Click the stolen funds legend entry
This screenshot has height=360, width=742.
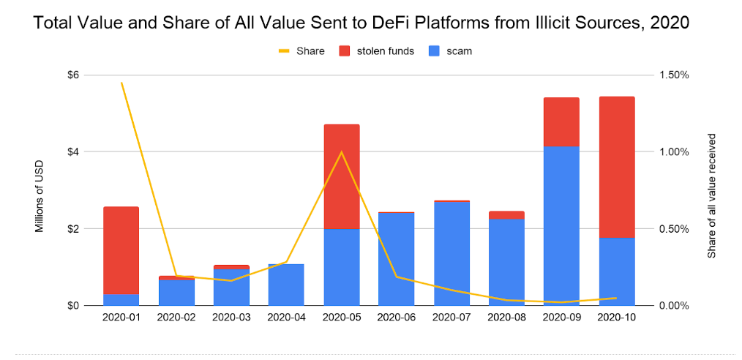378,51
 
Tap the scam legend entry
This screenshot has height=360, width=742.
450,51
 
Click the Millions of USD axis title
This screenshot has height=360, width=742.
40,196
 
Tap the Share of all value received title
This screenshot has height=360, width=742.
711,195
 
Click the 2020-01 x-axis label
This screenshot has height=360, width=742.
121,318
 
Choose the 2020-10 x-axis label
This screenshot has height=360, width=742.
615,318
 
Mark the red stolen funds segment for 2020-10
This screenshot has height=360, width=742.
615,167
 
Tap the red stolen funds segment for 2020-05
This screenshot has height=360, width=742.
341,176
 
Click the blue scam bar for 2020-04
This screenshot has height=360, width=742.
286,285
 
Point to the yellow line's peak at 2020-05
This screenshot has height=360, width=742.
341,152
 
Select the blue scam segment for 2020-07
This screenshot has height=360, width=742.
451,253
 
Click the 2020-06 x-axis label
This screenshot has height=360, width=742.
396,318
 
